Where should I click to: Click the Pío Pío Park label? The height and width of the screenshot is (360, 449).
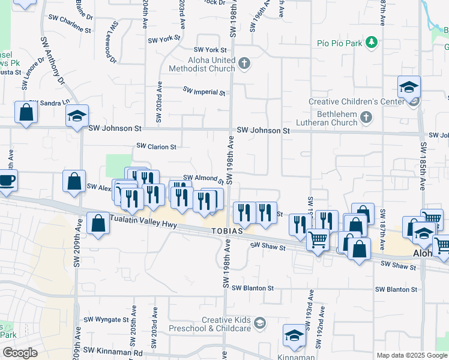click(340, 43)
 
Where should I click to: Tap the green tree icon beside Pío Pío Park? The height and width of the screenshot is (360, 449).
click(372, 42)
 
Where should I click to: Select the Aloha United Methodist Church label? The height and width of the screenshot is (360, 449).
click(206, 65)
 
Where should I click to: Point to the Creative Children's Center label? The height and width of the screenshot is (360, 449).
click(357, 101)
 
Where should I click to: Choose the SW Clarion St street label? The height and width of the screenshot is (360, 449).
click(156, 146)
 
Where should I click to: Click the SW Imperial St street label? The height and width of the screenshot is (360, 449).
click(204, 92)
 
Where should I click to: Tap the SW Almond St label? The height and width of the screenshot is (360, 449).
click(203, 179)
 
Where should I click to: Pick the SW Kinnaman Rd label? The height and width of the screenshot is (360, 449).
click(113, 350)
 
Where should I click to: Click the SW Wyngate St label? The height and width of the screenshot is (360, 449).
click(106, 320)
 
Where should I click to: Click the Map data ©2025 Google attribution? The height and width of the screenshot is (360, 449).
click(411, 355)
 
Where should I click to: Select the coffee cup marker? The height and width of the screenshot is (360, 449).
click(7, 179)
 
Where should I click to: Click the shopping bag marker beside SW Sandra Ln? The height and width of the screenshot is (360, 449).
click(26, 112)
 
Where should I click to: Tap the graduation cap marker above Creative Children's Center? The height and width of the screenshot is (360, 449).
click(409, 88)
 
